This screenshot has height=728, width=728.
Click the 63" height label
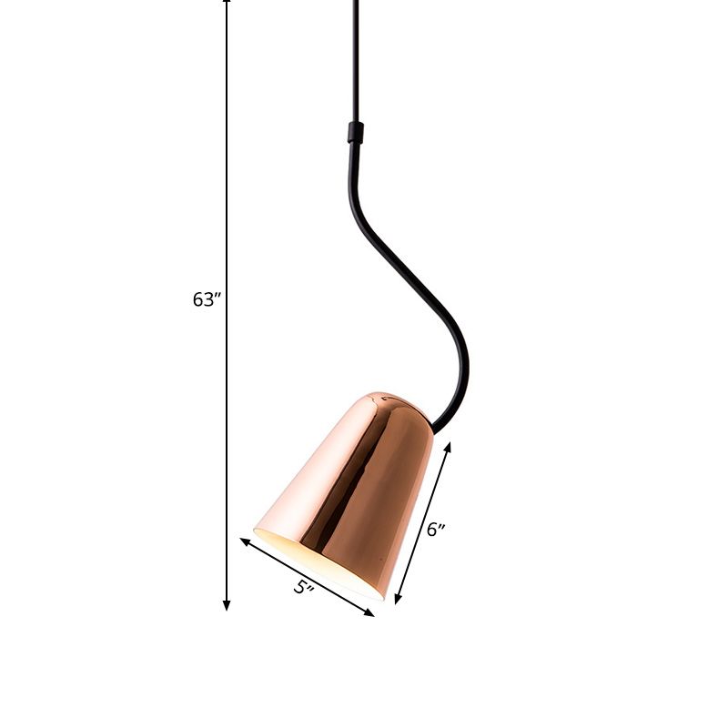207,299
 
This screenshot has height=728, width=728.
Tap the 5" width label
303,587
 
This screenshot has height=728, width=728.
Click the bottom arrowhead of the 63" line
227,605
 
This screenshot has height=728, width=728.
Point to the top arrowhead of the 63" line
227,3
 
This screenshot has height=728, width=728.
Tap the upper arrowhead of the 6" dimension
448,447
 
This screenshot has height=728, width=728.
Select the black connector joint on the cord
355,133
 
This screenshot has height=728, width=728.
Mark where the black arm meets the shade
438,426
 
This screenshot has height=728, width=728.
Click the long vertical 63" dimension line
227,182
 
